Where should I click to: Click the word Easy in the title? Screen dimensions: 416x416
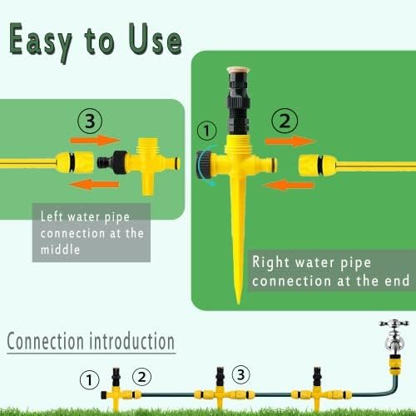[x=40, y=42]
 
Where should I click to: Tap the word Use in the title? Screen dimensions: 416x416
[x=155, y=39]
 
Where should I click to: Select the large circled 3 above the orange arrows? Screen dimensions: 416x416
[x=90, y=121]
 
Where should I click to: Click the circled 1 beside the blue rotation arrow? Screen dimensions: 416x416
[x=206, y=131]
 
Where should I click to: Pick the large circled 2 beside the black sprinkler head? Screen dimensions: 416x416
[x=285, y=121]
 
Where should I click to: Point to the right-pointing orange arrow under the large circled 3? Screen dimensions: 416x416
[x=95, y=140]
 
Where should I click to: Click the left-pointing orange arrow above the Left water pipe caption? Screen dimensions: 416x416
[x=94, y=185]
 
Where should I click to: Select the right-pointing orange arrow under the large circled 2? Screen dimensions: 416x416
[x=290, y=141]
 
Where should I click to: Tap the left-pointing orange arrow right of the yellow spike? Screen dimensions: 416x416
[x=289, y=185]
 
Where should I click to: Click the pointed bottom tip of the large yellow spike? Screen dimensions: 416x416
[x=238, y=304]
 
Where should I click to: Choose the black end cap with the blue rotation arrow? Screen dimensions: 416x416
[x=203, y=165]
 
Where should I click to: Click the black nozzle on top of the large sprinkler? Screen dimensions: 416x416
[x=238, y=102]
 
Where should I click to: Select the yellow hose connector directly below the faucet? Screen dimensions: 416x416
[x=394, y=364]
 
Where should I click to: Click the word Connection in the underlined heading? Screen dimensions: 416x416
[x=45, y=341]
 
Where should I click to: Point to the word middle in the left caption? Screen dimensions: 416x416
[x=60, y=250]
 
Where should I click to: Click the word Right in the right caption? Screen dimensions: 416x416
[x=267, y=262]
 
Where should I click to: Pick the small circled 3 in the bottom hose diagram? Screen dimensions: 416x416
[x=240, y=374]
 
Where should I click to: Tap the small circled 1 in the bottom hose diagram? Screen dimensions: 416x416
[x=89, y=379]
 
